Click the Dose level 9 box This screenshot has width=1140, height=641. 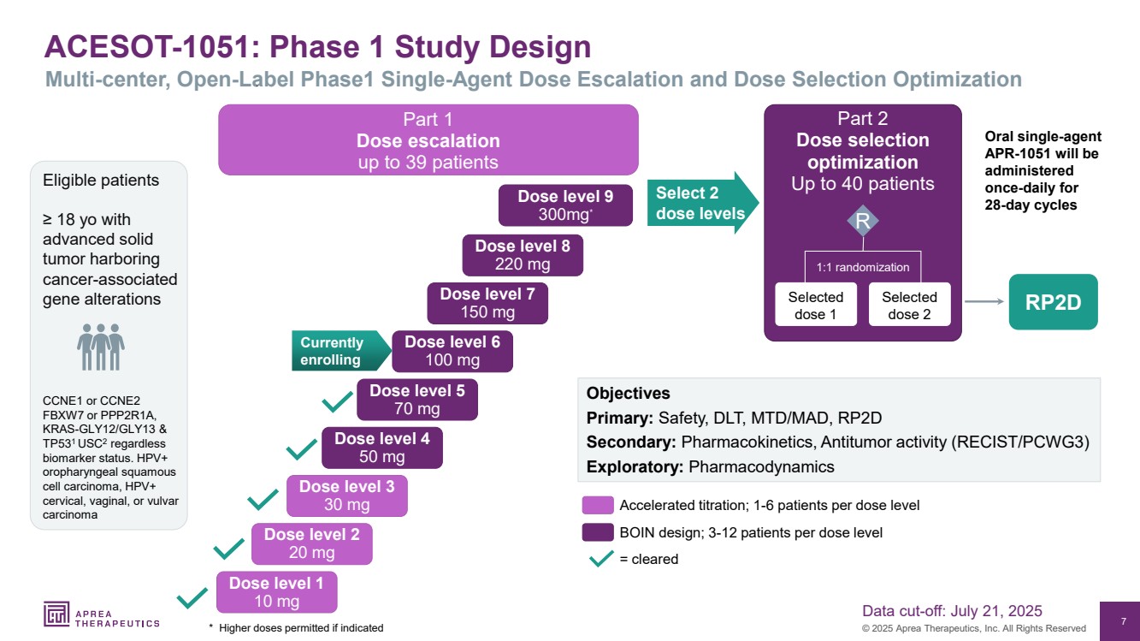565,205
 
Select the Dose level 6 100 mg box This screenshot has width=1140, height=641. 452,351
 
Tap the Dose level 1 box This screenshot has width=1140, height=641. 276,592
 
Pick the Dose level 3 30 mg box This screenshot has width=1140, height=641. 346,496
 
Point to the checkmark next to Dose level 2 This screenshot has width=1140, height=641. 229,548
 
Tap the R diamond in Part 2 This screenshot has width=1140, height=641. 862,222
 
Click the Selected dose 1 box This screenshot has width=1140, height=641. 815,306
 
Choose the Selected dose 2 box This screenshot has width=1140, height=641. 909,306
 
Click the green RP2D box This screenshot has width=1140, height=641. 1053,302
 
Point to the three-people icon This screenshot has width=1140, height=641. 101,347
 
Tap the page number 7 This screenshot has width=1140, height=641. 1123,620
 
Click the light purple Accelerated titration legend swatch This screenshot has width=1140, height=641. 598,505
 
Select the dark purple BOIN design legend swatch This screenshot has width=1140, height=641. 598,532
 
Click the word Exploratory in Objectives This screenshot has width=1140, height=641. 633,467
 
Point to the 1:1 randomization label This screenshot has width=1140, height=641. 862,267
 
